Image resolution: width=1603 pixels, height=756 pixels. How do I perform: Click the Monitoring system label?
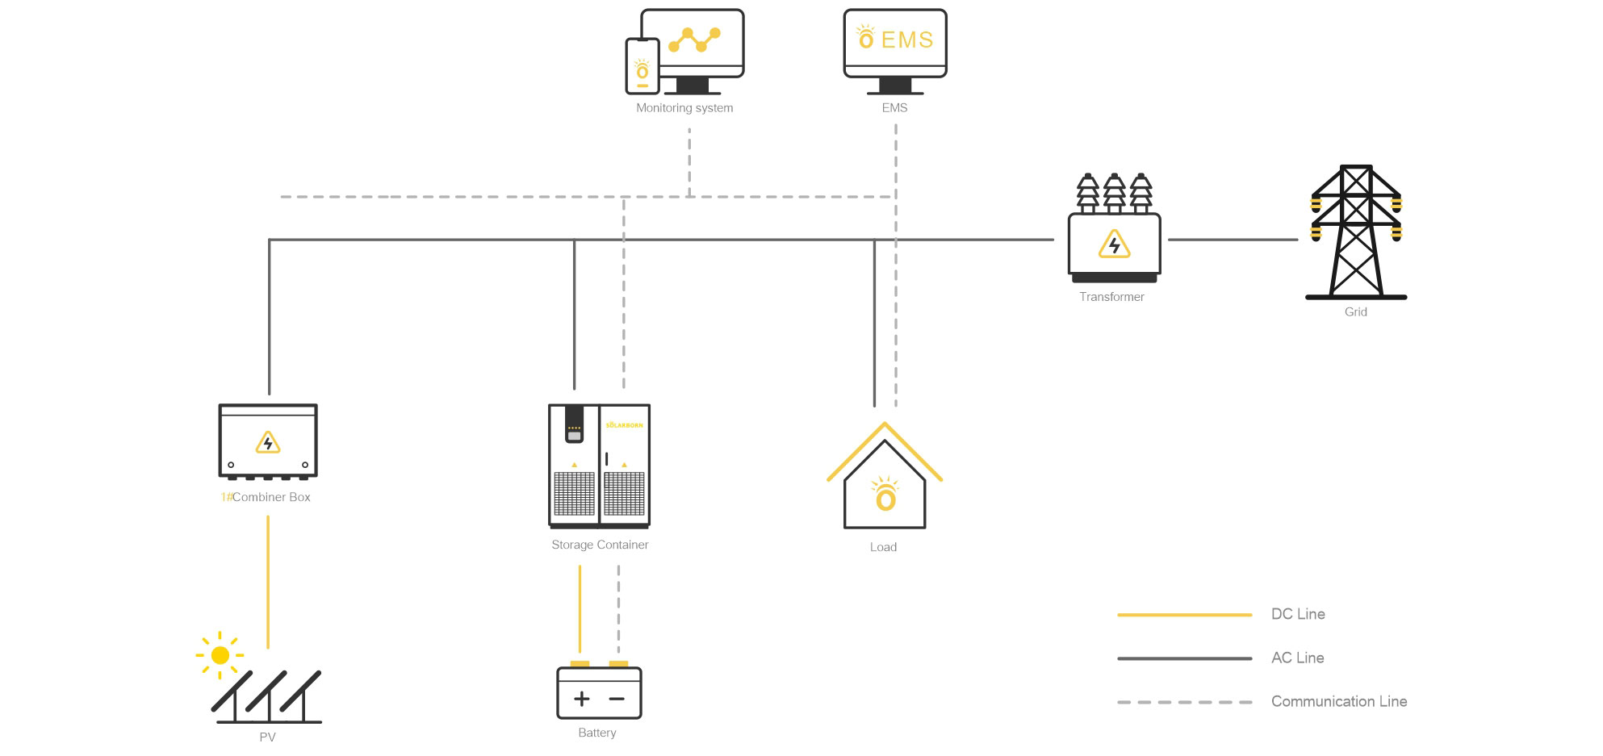click(684, 108)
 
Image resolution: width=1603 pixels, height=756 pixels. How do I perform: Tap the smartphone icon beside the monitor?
click(642, 66)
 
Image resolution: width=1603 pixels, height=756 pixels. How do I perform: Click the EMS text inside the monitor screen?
click(906, 40)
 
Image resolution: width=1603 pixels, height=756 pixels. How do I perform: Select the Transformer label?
click(1111, 297)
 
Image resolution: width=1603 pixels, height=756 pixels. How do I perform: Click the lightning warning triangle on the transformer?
click(1114, 244)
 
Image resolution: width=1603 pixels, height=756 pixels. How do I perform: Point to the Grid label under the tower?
click(1355, 312)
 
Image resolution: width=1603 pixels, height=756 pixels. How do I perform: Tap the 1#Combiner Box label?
click(266, 497)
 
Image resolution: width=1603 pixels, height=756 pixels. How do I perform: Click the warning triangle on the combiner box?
click(268, 443)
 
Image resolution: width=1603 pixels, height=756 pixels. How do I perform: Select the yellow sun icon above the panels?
click(220, 655)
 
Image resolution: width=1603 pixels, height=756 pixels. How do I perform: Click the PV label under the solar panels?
click(267, 737)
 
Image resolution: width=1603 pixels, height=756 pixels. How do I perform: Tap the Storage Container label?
click(600, 545)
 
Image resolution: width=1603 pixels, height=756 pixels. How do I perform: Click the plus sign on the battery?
click(581, 699)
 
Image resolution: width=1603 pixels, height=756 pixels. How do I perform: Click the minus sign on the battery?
click(617, 699)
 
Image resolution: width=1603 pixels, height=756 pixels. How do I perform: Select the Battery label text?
click(596, 733)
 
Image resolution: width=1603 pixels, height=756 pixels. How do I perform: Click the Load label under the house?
click(883, 547)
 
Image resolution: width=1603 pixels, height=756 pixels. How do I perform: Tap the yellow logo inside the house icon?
click(885, 496)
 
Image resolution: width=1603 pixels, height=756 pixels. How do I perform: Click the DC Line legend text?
click(1297, 614)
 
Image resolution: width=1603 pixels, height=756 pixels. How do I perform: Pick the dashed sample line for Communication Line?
click(1184, 702)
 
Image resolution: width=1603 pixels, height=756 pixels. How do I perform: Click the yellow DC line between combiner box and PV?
click(268, 581)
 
